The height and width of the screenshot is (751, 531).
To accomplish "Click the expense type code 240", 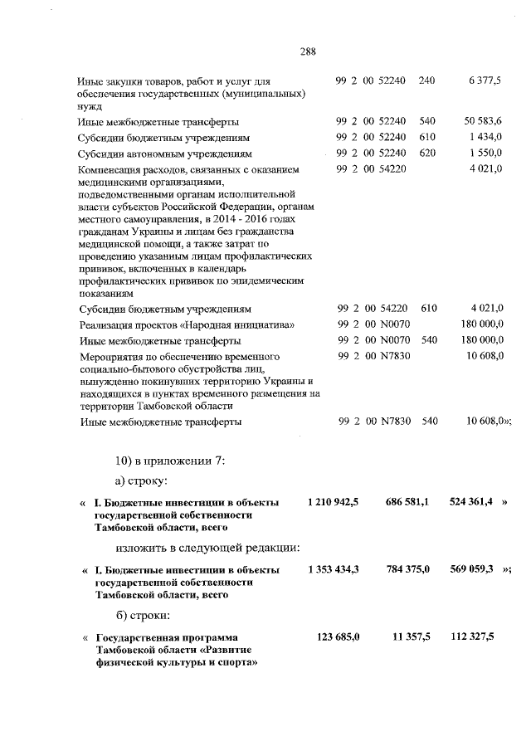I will click(x=427, y=80).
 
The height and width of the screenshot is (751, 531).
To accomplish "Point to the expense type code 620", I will click(x=428, y=154).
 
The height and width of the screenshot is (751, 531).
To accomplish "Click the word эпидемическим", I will click(x=258, y=282).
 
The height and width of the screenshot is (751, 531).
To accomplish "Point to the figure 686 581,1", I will click(x=407, y=503).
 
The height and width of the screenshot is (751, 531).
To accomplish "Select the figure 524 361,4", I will click(x=474, y=503).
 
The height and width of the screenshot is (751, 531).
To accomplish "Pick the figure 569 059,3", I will click(x=474, y=570).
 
